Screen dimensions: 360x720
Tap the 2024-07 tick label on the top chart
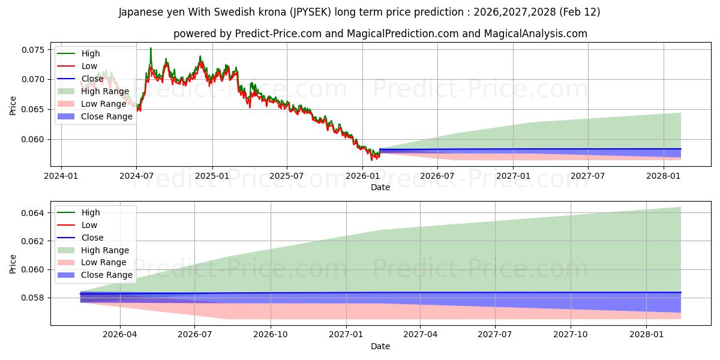pos(136,176)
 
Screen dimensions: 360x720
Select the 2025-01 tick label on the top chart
pos(212,176)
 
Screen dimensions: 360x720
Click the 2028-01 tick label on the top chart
pos(664,176)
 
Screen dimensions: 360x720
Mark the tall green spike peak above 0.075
pos(151,48)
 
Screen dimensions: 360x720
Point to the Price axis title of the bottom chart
pos(13,263)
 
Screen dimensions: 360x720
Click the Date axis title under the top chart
pos(380,187)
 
